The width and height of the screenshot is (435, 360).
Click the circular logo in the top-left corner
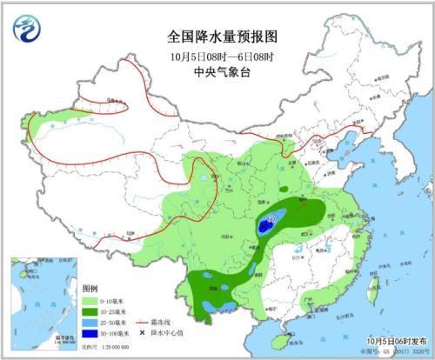(x=27, y=30)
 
